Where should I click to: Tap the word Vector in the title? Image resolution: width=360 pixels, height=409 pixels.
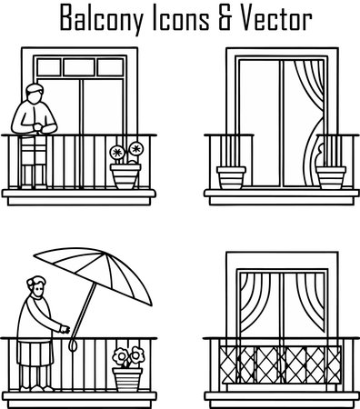click(x=274, y=17)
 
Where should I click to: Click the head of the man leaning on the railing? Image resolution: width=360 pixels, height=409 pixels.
click(x=35, y=92)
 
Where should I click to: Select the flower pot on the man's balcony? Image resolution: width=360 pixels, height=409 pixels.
click(x=125, y=175)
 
